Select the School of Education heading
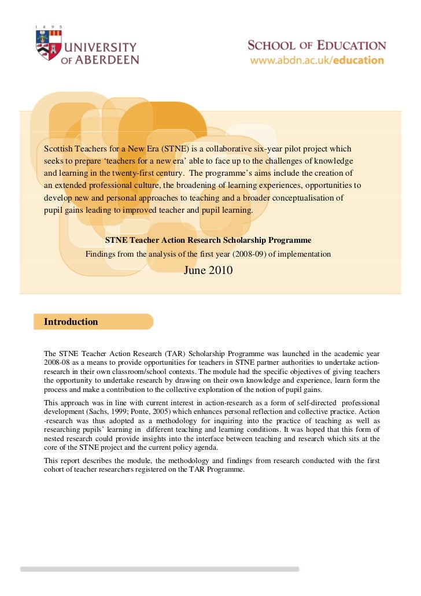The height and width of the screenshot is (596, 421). coord(317,46)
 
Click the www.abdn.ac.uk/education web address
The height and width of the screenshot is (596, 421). coord(317,60)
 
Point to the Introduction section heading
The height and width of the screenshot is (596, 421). coord(71,322)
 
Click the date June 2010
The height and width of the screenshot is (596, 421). coord(208,269)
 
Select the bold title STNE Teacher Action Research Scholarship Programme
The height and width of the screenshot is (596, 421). coord(208,240)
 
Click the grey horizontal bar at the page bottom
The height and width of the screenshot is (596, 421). coord(160,569)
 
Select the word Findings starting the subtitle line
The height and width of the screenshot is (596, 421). coord(101,254)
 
